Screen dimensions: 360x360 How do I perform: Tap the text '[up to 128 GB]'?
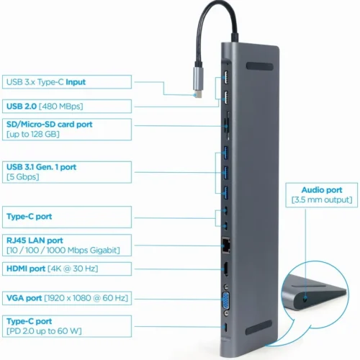34,134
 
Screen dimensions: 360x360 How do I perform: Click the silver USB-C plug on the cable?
197,80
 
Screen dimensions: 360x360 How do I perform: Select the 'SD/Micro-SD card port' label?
59,124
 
